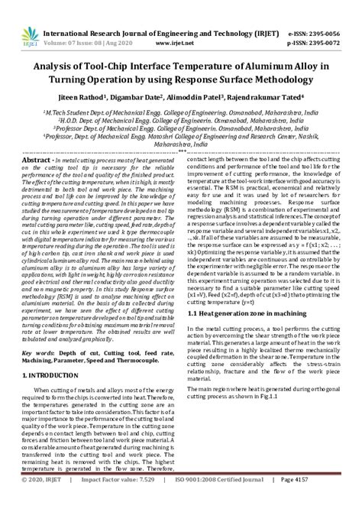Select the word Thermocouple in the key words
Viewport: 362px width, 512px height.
(x=143, y=387)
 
